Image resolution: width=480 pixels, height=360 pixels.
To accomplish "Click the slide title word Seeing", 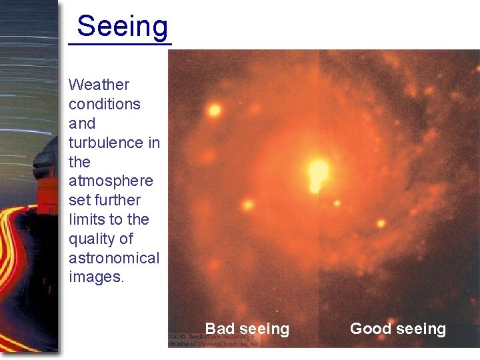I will [x=123, y=27].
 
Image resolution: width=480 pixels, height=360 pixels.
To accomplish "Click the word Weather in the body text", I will [x=99, y=85].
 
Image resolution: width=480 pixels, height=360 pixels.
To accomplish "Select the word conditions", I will [x=104, y=104].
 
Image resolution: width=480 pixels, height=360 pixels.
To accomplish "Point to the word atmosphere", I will [x=111, y=181].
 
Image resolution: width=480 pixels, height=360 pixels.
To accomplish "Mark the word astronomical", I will [x=114, y=258].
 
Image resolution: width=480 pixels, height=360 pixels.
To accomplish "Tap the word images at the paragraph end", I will [x=96, y=277].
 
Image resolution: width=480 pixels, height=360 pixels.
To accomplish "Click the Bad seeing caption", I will [x=247, y=329].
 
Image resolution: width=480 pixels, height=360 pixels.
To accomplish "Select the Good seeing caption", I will [x=397, y=329].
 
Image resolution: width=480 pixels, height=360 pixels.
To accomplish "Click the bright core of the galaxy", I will [x=319, y=171].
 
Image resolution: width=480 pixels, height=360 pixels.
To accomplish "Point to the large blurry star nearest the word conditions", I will [x=214, y=110].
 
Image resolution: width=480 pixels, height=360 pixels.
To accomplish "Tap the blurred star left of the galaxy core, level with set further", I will [x=248, y=204].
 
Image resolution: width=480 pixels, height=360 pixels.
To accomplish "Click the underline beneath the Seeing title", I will [x=120, y=45].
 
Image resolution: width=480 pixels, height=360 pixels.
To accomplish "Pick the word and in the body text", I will [x=82, y=123].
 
